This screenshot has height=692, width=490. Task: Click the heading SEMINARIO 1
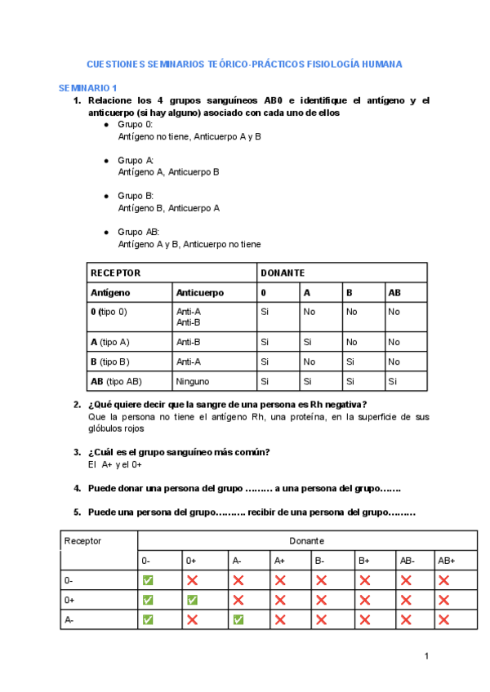(x=87, y=87)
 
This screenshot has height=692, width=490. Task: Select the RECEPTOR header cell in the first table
(x=115, y=273)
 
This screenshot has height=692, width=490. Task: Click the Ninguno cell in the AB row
(x=193, y=381)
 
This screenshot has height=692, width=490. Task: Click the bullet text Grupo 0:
(x=136, y=125)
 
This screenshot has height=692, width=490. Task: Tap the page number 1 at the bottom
(x=426, y=656)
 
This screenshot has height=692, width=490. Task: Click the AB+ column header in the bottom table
(x=447, y=561)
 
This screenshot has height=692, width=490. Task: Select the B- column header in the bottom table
(x=320, y=561)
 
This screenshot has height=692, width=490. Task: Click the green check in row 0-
(x=148, y=580)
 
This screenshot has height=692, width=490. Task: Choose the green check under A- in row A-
(x=238, y=619)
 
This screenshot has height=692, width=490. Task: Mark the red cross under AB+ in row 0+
(x=444, y=600)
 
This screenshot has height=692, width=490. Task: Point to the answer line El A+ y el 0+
(x=115, y=464)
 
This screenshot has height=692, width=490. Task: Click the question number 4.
(x=77, y=488)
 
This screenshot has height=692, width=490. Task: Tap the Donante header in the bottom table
(x=306, y=540)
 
